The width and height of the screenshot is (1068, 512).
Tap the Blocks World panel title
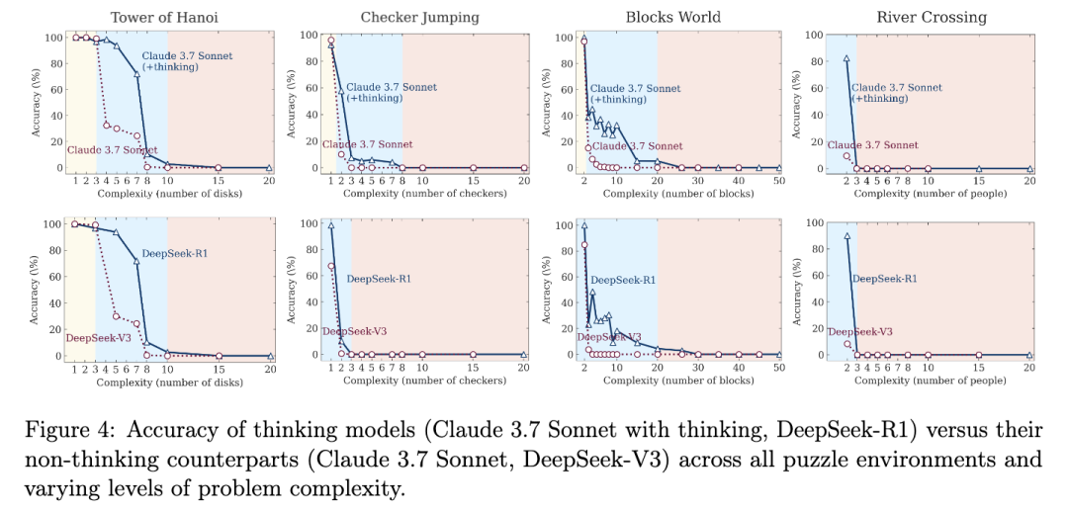pyautogui.click(x=672, y=18)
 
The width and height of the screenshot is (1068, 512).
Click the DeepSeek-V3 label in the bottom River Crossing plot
pyautogui.click(x=859, y=332)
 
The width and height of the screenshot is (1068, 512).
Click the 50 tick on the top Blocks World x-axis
pyautogui.click(x=778, y=180)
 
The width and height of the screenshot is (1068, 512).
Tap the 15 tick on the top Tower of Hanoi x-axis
pyautogui.click(x=219, y=180)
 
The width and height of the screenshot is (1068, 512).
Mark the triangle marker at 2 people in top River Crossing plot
pyautogui.click(x=846, y=59)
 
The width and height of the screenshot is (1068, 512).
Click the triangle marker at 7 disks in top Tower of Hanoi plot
pyautogui.click(x=136, y=74)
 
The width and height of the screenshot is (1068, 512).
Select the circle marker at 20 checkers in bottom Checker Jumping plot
pyautogui.click(x=524, y=355)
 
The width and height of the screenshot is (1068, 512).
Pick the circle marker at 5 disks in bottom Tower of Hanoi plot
pyautogui.click(x=117, y=316)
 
